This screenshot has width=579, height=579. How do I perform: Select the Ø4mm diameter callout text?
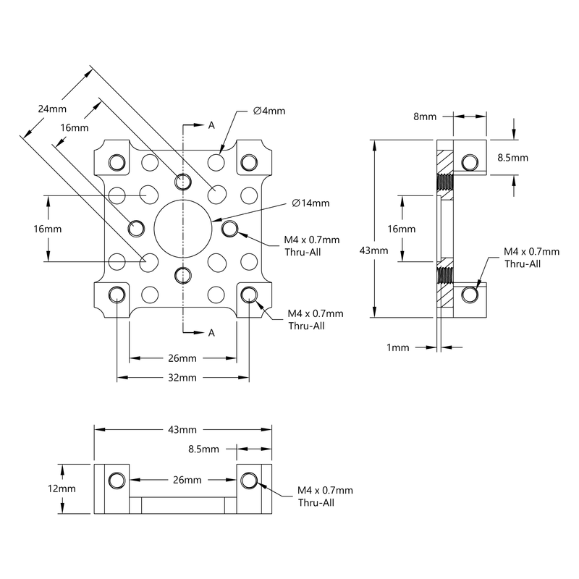click(x=269, y=111)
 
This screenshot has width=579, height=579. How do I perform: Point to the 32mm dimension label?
click(x=182, y=378)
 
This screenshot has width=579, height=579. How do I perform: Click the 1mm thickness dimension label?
click(x=398, y=347)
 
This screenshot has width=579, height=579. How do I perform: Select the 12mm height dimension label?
click(x=62, y=489)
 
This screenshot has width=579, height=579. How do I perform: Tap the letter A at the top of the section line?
click(x=211, y=125)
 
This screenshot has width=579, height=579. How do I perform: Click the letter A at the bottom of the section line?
click(x=211, y=332)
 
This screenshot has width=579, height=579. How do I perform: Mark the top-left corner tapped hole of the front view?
click(x=117, y=161)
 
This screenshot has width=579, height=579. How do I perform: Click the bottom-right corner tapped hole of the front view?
click(x=250, y=294)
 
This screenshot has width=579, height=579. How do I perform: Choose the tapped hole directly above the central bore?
click(x=183, y=180)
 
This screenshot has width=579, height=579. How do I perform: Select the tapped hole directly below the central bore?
click(x=183, y=274)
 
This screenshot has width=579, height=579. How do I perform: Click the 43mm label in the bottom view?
click(x=182, y=429)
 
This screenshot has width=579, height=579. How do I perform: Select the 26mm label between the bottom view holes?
click(x=186, y=480)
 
